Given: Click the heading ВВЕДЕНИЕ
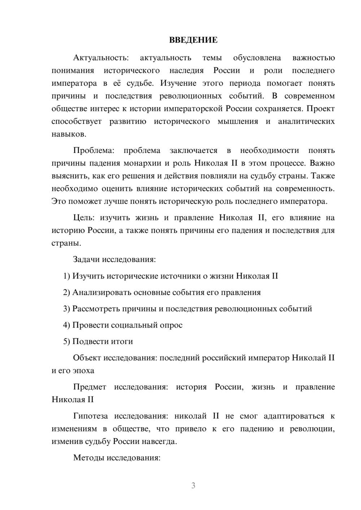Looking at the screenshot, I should [193, 40].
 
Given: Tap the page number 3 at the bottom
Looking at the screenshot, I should [193, 485].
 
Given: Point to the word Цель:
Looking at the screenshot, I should [84, 218].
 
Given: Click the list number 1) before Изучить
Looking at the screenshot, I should [67, 276].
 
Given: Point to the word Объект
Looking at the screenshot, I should [87, 358].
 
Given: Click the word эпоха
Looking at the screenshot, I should [83, 371].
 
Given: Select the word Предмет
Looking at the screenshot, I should [90, 387].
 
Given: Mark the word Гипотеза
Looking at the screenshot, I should [90, 416].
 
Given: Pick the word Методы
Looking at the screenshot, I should [87, 458].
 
